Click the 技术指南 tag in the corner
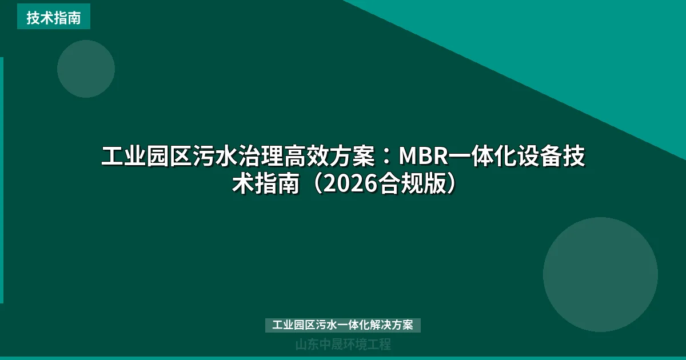pos(53,18)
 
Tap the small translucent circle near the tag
pos(86,69)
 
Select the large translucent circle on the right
pos(600,274)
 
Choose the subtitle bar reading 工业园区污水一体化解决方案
pos(343,325)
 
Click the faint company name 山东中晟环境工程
pos(343,345)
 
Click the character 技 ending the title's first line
pos(575,156)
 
